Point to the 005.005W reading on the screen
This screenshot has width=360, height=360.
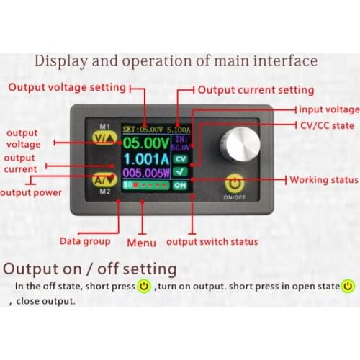(146, 173)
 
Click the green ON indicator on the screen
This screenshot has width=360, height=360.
(180, 185)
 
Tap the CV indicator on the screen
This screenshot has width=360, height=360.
(181, 158)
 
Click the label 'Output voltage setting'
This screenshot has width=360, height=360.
(67, 89)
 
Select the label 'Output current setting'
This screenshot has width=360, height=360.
(256, 90)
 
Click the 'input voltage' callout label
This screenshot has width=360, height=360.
(328, 109)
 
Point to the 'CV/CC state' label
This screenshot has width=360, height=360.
(328, 125)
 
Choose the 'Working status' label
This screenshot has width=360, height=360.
(323, 179)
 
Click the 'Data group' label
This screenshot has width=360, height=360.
(85, 241)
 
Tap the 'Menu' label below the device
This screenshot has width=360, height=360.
(141, 243)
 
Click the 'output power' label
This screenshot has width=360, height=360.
(30, 192)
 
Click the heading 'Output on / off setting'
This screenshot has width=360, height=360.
(90, 269)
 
